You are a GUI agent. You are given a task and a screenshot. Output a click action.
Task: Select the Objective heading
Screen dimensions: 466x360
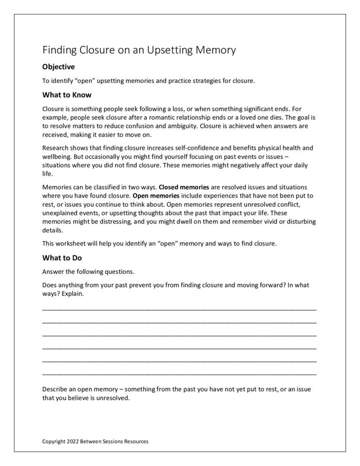[x=58, y=67]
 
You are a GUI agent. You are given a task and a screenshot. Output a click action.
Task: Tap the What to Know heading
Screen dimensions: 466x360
[x=66, y=94]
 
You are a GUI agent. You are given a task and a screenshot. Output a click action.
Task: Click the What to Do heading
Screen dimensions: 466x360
[x=62, y=258]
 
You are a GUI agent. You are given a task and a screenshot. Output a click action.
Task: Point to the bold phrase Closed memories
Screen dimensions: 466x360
[x=183, y=187]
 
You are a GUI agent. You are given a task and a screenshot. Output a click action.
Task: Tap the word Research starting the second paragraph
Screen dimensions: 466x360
[x=55, y=148]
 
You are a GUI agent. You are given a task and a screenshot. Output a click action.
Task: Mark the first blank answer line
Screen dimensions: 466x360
[x=179, y=310]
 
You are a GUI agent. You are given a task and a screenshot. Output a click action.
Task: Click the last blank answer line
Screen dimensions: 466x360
[x=179, y=373]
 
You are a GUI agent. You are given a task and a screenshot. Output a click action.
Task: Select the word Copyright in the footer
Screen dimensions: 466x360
[x=53, y=441]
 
